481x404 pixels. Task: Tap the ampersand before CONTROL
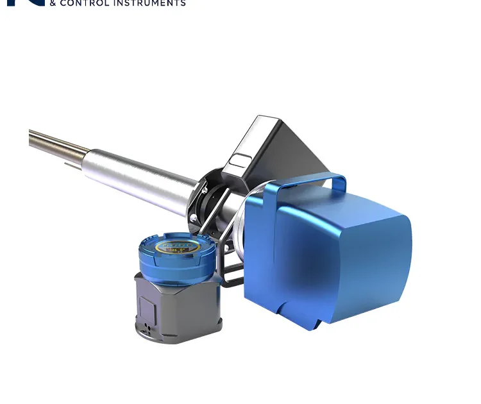click(53, 3)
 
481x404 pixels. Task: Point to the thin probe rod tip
click(32, 137)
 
